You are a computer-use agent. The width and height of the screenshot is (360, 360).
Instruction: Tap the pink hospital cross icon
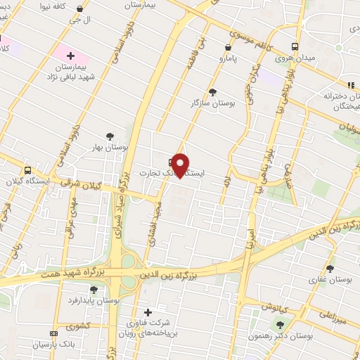70,55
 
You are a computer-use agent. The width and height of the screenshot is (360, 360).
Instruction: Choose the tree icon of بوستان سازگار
213,92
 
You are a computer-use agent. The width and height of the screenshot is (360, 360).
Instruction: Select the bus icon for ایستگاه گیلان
27,169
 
